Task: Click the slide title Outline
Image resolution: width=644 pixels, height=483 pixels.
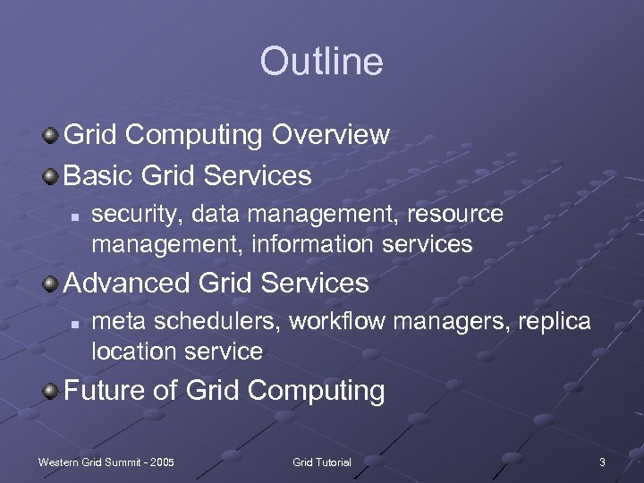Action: click(x=321, y=62)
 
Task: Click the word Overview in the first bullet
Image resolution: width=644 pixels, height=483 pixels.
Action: click(x=331, y=135)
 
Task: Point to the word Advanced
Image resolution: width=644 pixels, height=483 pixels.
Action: click(x=127, y=284)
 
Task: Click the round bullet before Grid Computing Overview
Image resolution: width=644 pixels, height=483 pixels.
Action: click(x=52, y=135)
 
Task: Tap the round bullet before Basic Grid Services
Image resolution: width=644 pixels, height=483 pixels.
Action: click(x=52, y=175)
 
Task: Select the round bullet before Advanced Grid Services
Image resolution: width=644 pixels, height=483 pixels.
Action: click(x=52, y=284)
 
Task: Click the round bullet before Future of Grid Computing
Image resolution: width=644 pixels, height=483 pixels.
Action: click(x=52, y=391)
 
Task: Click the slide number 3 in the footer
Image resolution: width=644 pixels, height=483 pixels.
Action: click(x=602, y=462)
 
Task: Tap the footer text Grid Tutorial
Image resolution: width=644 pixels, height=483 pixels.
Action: click(x=322, y=462)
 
